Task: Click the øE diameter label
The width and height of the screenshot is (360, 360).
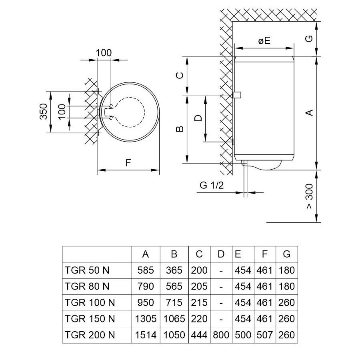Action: (264, 40)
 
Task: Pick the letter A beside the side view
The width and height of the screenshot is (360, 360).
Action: (309, 113)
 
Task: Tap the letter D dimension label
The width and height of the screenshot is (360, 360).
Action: (197, 118)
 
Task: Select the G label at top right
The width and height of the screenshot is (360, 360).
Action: (309, 39)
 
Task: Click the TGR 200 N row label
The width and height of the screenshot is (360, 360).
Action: (90, 335)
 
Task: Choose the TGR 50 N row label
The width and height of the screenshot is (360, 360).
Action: (87, 270)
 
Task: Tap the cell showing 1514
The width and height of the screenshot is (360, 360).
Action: (146, 335)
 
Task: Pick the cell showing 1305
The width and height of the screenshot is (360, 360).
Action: (146, 319)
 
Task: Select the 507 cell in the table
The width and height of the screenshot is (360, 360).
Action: (264, 335)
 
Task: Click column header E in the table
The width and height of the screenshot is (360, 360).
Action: (238, 254)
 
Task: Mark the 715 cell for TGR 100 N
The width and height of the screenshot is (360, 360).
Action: (174, 302)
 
